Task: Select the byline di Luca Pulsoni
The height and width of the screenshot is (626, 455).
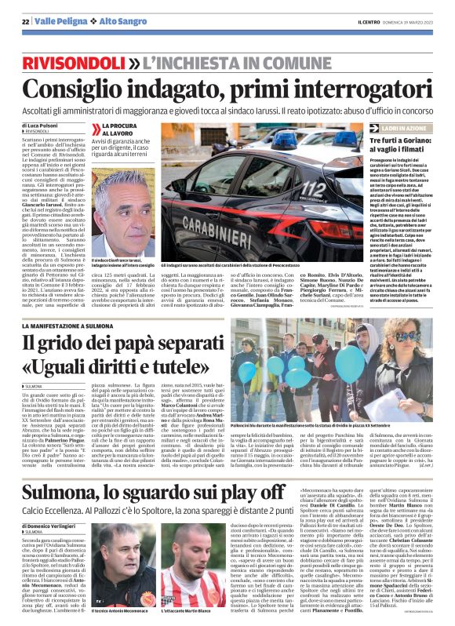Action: (42, 126)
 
